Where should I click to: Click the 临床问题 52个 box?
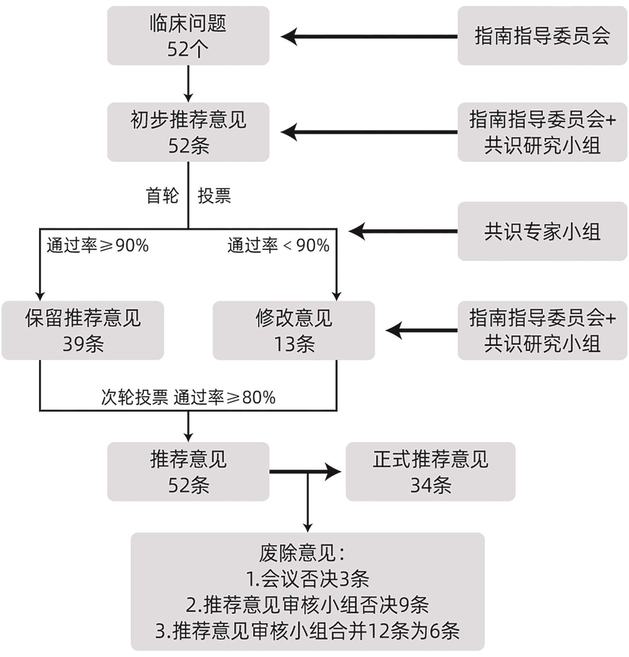click(x=188, y=35)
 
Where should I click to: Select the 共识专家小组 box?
click(x=542, y=231)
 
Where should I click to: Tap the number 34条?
click(x=431, y=485)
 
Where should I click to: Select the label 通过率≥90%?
click(x=97, y=245)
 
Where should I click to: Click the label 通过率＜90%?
click(x=278, y=245)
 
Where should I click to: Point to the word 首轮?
click(x=162, y=195)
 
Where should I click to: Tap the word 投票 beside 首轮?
click(x=214, y=195)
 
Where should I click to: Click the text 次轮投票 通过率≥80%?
click(x=188, y=398)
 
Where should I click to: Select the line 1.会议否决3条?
click(x=307, y=579)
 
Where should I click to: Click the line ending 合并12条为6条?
click(x=307, y=631)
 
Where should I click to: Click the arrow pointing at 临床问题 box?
click(x=368, y=37)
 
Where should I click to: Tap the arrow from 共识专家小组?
click(x=402, y=231)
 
